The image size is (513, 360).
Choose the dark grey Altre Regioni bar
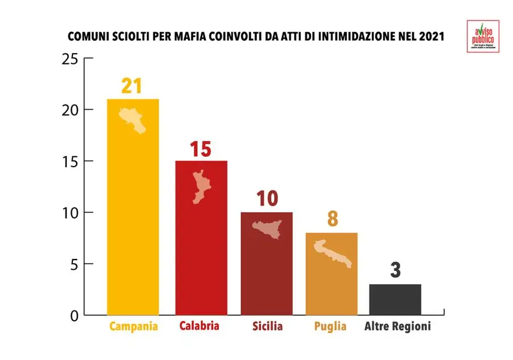coord(395,300)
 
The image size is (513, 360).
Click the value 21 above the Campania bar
coord(131,86)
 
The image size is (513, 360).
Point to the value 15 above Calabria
coord(201,149)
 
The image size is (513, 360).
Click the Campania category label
coord(133,327)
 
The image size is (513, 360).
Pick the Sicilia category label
coord(266,327)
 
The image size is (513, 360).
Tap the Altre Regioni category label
coord(397,327)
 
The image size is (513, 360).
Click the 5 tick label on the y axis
coord(74,264)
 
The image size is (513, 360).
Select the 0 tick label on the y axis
coord(74,315)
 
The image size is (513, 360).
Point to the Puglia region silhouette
coord(332,253)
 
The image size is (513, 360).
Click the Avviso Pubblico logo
coord(483,37)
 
